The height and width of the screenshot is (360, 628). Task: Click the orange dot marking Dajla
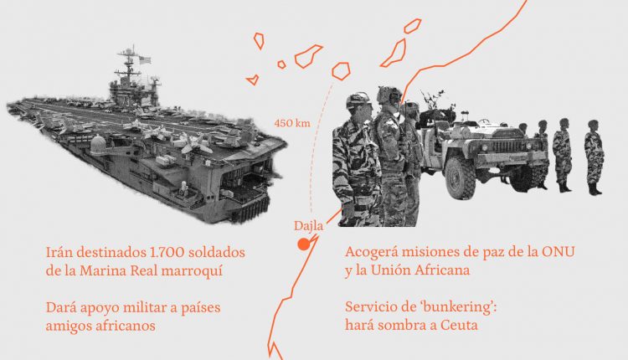(x=304, y=244)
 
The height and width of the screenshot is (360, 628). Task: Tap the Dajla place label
(x=308, y=226)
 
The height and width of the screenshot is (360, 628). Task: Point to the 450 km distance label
(x=292, y=123)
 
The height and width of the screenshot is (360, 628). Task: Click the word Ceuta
(x=459, y=325)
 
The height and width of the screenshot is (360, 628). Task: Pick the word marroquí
(x=192, y=271)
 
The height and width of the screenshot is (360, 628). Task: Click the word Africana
(x=442, y=270)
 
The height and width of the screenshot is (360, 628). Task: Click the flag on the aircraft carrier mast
(x=145, y=60)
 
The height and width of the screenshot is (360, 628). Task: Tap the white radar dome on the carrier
(x=99, y=143)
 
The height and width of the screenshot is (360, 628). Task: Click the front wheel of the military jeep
(x=460, y=177)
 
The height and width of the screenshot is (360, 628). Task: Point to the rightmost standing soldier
(x=594, y=157)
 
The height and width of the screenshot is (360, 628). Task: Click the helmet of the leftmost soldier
(x=358, y=100)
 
